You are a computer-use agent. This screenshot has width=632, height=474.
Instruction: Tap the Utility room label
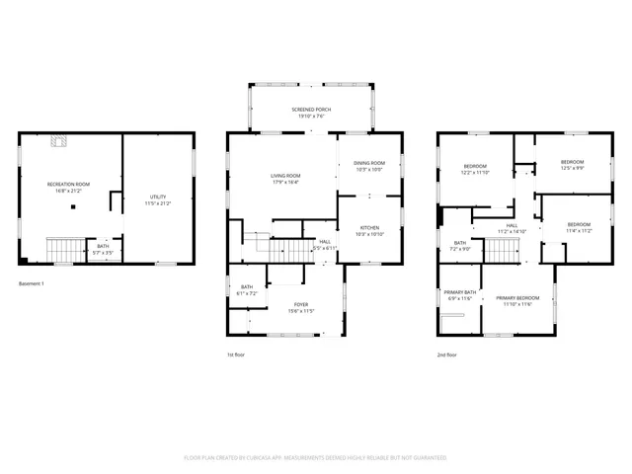(x=158, y=200)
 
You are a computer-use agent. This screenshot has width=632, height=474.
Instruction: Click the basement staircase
(x=66, y=251)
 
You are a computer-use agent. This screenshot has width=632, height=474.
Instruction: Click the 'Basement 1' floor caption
(x=32, y=284)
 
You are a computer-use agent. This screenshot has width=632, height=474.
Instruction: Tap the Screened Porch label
(x=311, y=113)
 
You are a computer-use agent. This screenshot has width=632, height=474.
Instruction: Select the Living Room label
(x=285, y=178)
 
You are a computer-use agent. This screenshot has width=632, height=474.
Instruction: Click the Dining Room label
(x=369, y=166)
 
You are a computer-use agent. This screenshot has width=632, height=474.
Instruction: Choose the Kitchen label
(x=369, y=230)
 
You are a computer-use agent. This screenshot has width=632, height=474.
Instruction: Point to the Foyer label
(x=301, y=307)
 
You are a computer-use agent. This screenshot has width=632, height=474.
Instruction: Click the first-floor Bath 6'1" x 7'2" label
(x=247, y=290)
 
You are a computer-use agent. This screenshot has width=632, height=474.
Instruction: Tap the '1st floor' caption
(x=236, y=354)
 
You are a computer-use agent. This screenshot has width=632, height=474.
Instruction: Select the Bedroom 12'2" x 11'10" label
(x=475, y=169)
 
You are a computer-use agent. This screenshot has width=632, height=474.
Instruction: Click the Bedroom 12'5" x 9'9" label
(x=572, y=165)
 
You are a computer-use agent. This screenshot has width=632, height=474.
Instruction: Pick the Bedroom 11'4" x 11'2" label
(x=579, y=227)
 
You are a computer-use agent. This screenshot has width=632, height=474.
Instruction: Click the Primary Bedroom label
(x=517, y=301)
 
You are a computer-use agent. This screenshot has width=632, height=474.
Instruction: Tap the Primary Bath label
(x=460, y=295)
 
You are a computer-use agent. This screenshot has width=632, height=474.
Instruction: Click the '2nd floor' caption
(x=447, y=354)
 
